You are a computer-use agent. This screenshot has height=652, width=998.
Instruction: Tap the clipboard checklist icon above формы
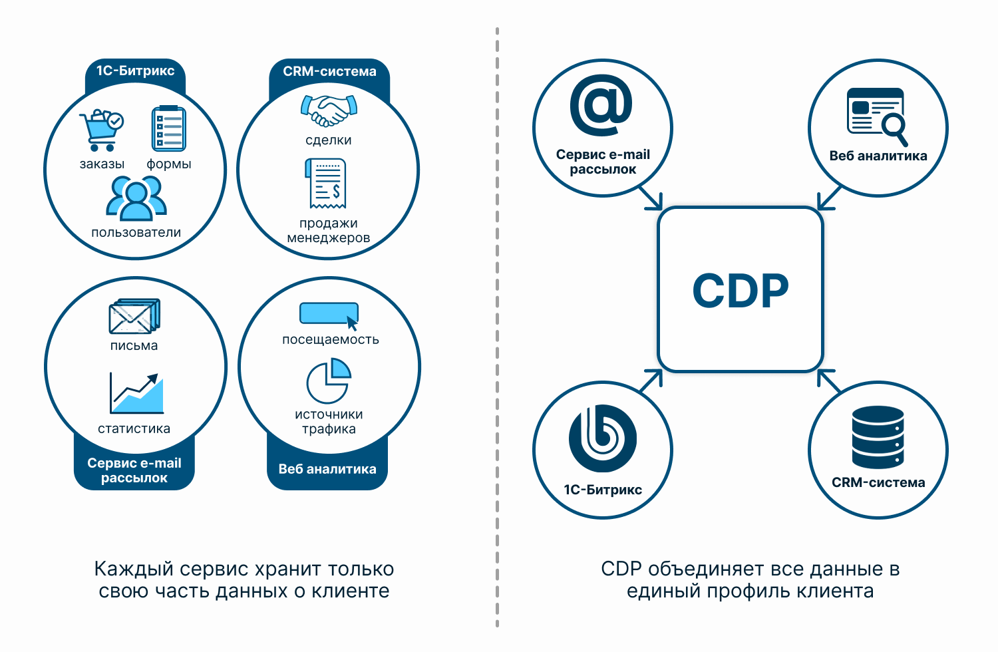(168, 128)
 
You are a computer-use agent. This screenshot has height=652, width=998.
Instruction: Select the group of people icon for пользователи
(136, 198)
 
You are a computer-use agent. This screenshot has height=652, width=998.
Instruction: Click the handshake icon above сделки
(329, 110)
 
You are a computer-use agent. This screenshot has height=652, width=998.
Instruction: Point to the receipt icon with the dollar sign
(326, 183)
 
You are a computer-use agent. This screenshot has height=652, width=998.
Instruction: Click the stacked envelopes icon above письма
(134, 316)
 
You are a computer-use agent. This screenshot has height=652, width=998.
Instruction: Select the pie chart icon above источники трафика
(329, 380)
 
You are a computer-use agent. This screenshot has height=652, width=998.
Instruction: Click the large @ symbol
(601, 105)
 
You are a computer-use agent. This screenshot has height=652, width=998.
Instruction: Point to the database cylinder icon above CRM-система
(878, 436)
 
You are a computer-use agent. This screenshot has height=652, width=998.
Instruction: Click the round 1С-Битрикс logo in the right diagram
(603, 438)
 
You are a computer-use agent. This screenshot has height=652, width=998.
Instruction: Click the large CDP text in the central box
(741, 291)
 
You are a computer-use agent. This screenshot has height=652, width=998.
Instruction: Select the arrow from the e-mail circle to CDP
(651, 198)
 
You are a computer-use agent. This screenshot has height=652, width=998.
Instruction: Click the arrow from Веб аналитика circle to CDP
(830, 198)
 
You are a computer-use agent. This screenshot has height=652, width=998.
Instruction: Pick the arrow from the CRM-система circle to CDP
(829, 381)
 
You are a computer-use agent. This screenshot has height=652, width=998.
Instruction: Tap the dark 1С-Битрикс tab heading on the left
(136, 71)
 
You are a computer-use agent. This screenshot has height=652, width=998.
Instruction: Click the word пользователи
(136, 232)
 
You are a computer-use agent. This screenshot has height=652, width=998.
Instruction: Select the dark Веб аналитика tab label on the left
(327, 469)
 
